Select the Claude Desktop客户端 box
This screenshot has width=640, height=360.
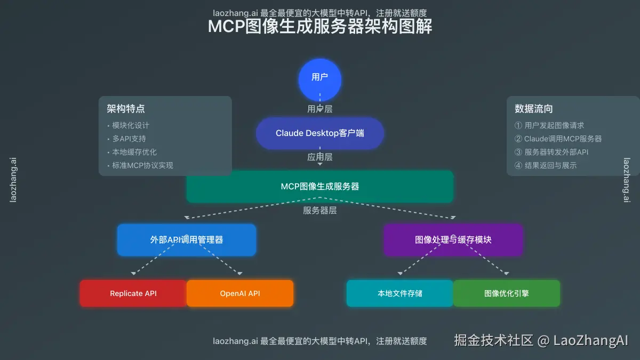tap(320, 133)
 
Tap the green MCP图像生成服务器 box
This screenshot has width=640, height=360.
tap(320, 187)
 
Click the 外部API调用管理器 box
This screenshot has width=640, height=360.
tap(187, 240)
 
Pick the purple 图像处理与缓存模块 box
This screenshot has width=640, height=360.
tap(453, 240)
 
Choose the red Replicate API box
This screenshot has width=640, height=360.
tap(133, 293)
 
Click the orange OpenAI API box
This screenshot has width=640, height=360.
tap(240, 293)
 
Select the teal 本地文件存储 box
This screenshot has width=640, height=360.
tap(400, 293)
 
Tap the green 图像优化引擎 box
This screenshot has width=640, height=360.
tap(507, 293)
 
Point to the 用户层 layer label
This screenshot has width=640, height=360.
tap(320, 109)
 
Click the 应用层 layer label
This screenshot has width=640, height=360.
tap(320, 157)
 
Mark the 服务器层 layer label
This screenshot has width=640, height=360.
tap(320, 211)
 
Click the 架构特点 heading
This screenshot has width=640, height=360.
tap(126, 109)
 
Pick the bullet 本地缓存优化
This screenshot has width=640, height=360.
tap(134, 152)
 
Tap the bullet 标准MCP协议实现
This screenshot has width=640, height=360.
tap(142, 165)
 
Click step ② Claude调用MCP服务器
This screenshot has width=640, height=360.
tap(558, 139)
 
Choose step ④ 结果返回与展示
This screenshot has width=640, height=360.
tap(546, 165)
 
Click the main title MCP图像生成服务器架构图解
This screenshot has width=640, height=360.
tap(320, 27)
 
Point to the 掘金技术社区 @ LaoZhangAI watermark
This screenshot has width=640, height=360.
tap(541, 340)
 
